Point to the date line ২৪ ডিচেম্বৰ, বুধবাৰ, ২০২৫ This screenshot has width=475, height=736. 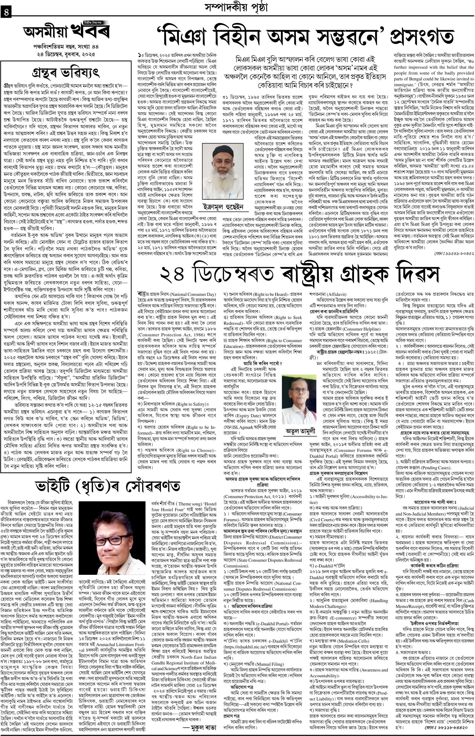click(65, 54)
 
